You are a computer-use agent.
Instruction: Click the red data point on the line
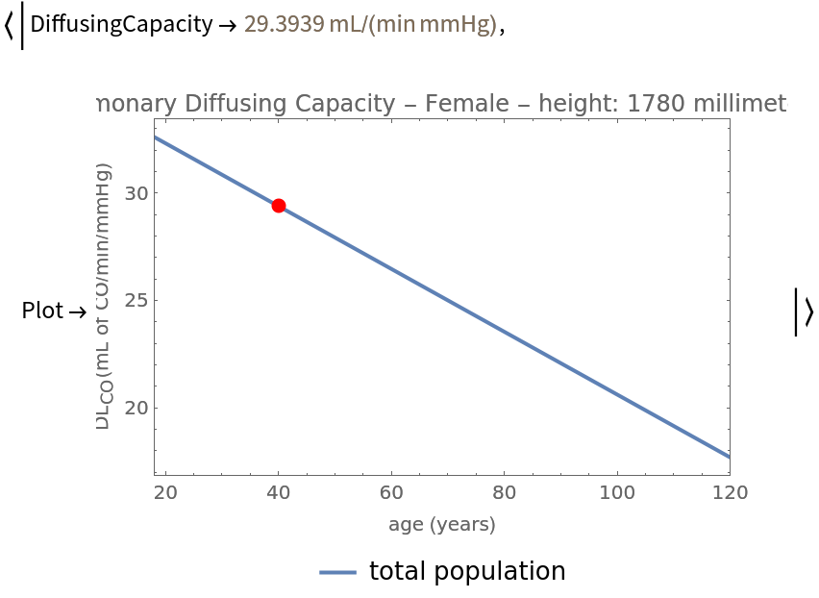tap(279, 206)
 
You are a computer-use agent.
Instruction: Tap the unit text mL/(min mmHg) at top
tap(412, 24)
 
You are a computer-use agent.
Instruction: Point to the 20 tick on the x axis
tap(165, 493)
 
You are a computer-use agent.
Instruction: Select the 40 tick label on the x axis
tap(279, 493)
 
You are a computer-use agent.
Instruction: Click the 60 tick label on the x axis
tap(391, 493)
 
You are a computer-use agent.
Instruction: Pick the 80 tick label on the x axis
tap(504, 493)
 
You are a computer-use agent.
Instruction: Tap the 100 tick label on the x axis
tap(616, 493)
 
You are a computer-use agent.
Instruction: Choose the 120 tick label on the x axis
tap(730, 493)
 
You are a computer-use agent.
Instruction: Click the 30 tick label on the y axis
tap(138, 193)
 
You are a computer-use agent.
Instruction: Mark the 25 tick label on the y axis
tap(138, 300)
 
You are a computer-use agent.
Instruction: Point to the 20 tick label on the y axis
tap(138, 408)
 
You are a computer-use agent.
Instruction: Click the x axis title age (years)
tap(442, 525)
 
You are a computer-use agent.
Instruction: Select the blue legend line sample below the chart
tap(337, 572)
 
